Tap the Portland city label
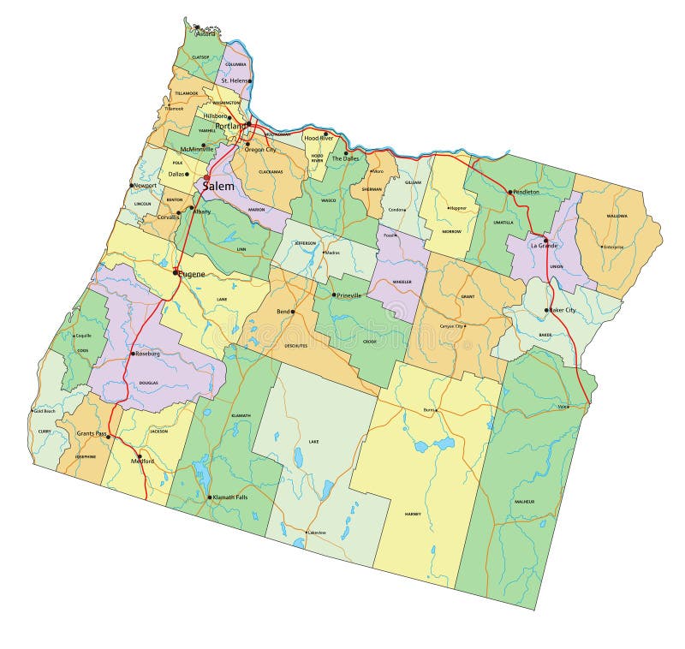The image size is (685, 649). tap(229, 126)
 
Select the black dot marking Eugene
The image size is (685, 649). tap(176, 273)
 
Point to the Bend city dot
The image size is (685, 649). tap(292, 312)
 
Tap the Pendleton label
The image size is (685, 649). tap(527, 192)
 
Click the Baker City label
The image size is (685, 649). tap(563, 310)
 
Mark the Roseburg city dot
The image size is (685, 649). tap(132, 354)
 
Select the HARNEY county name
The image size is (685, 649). tap(414, 514)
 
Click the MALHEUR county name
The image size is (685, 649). tap(524, 501)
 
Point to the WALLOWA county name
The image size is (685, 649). tap(616, 216)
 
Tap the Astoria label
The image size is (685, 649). tap(205, 34)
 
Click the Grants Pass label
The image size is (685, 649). tap(92, 434)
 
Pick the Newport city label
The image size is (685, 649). tap(146, 185)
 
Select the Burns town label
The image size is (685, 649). tap(429, 409)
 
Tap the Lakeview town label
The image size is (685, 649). tap(317, 533)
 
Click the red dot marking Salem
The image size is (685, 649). tap(206, 178)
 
